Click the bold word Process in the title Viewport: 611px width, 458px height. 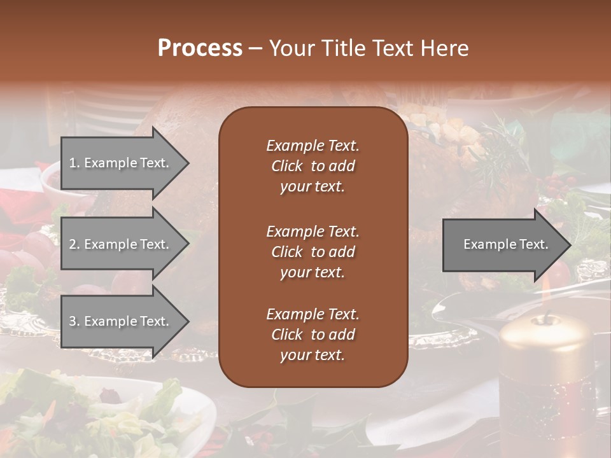(200, 48)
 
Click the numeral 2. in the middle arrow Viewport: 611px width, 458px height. (74, 244)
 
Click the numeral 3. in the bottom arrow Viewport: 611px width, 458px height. (74, 321)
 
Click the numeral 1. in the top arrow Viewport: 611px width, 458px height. (74, 163)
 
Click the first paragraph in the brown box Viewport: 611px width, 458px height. (313, 166)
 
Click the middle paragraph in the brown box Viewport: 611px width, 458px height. (313, 252)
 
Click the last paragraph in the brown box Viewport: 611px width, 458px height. (313, 335)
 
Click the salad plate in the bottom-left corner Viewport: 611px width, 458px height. (95, 413)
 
